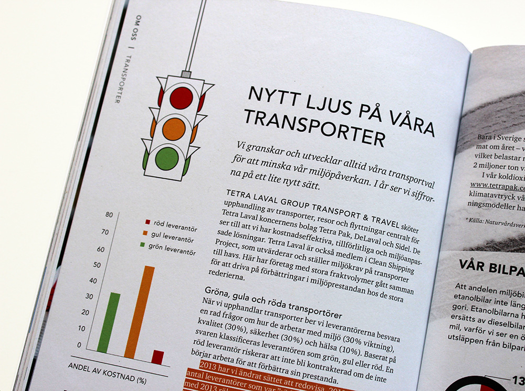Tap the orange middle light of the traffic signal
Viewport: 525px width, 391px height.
174,128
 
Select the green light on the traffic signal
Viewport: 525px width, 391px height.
167,158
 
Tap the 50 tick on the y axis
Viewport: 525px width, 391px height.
96,265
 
